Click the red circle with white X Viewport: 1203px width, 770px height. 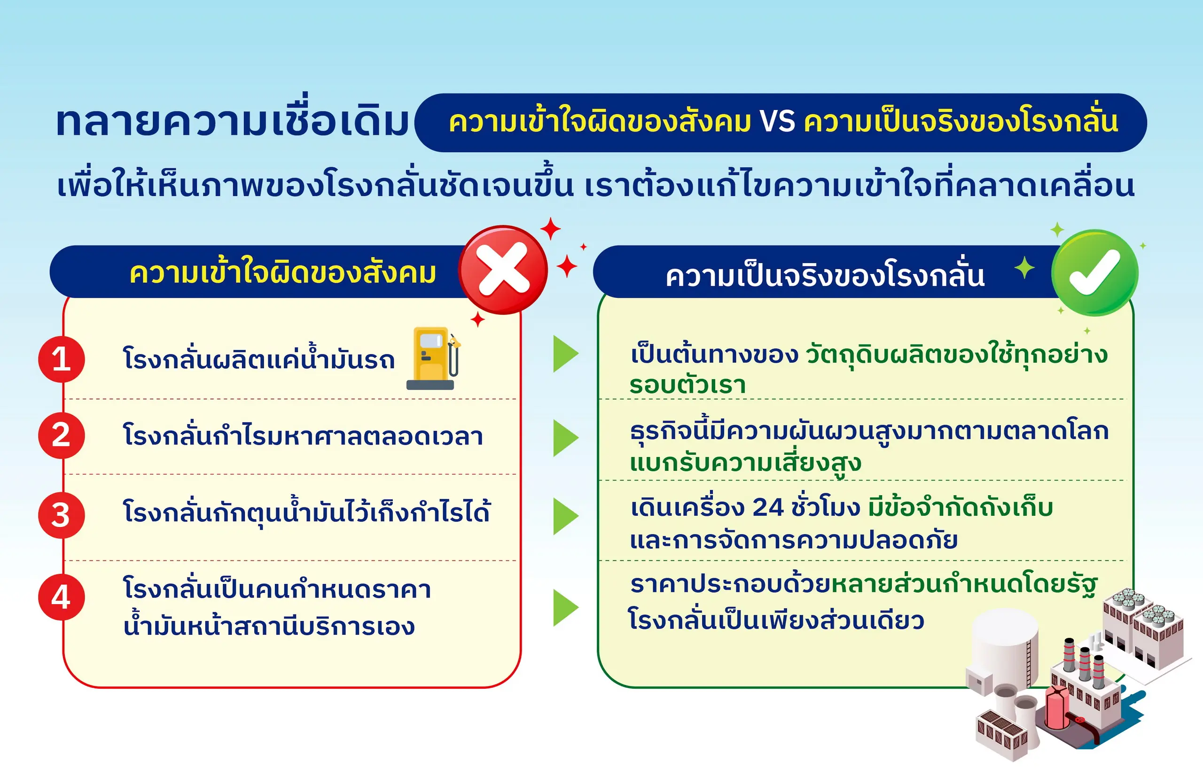503,270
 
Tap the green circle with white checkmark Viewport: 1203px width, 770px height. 1094,272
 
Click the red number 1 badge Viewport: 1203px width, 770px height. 62,359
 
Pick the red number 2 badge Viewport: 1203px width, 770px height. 62,435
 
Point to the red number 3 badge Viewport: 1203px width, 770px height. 62,515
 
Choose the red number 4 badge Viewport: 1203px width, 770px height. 62,597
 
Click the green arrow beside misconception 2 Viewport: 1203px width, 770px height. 565,438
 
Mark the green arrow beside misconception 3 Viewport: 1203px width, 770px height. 565,516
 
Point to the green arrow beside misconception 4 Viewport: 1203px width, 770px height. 565,608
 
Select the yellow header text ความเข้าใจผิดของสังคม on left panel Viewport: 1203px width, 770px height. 283,272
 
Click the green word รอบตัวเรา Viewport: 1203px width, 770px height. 688,385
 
